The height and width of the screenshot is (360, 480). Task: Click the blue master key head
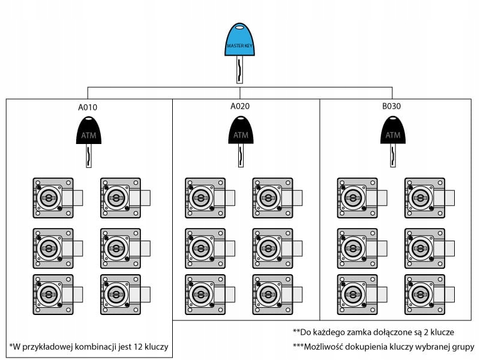click(x=240, y=41)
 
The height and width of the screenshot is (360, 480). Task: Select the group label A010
click(x=88, y=108)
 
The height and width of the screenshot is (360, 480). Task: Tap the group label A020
click(x=240, y=106)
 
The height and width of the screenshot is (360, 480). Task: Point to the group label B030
click(x=392, y=106)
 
